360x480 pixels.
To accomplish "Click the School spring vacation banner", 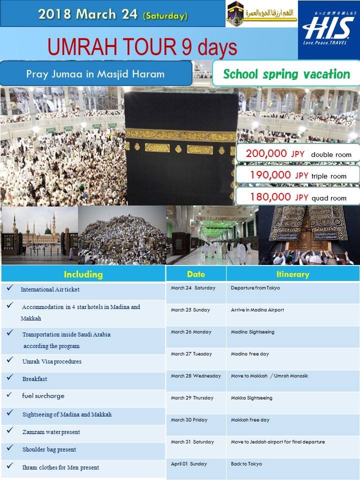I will point(286,74).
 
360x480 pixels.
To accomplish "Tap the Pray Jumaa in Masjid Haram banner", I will point(95,74).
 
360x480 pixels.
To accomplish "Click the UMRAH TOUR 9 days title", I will point(142,47).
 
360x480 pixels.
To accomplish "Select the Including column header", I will point(83,274).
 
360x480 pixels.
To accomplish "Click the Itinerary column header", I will point(292,274).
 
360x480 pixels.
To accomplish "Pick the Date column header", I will point(196,274).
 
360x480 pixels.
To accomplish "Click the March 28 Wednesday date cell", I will point(195,376).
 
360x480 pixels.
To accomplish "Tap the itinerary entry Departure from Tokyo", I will point(255,288).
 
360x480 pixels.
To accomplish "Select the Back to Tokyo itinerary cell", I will point(246,464).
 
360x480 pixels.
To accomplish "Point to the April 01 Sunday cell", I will point(188,464).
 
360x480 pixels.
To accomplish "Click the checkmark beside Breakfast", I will point(10,378).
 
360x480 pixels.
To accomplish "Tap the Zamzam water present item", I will point(51,432).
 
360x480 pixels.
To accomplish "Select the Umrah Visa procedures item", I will point(51,361).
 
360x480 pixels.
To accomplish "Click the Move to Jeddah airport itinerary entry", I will point(277,442).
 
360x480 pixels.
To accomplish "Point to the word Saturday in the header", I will point(165,16).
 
